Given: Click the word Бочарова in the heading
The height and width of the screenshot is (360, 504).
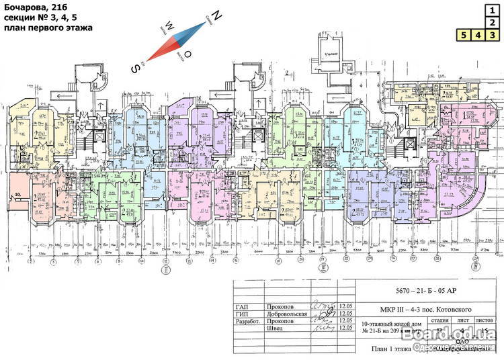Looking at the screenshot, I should [x=26, y=7].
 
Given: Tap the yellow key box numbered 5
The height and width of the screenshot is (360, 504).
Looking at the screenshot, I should [x=463, y=34].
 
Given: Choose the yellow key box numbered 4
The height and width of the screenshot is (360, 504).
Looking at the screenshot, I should [x=478, y=34].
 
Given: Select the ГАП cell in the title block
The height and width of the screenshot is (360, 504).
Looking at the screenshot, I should [x=247, y=306].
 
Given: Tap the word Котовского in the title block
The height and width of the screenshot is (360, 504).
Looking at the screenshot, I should [x=439, y=308].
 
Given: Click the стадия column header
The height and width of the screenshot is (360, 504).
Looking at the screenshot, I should [x=439, y=321].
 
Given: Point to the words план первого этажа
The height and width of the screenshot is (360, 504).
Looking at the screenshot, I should [x=48, y=28].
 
